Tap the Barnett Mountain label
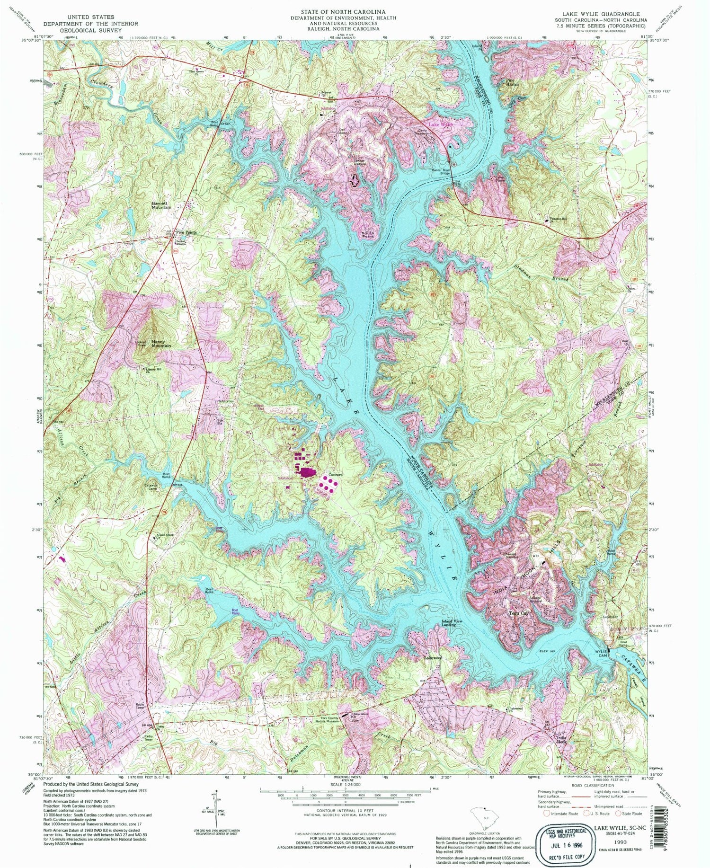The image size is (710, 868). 162,205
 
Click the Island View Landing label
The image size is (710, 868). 448,623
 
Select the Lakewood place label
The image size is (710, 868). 433,658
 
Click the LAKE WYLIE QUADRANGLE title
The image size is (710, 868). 600,15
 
